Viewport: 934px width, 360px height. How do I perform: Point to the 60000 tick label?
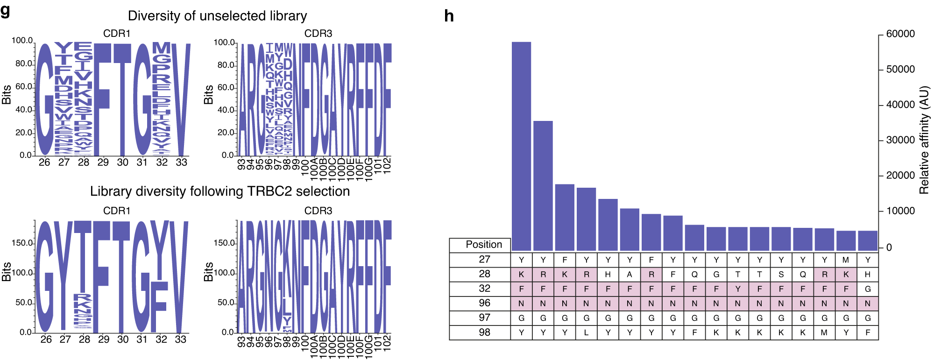(x=900, y=34)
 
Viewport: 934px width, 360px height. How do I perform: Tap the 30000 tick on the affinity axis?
(x=900, y=140)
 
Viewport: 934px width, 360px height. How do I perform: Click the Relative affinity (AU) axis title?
(x=924, y=140)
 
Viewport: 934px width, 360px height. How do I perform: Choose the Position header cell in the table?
(x=484, y=245)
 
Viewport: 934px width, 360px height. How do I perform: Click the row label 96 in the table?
(x=485, y=303)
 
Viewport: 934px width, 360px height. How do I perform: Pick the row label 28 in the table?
(x=485, y=274)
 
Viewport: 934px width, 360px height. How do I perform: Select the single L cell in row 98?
(x=586, y=332)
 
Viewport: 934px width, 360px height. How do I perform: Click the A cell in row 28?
(x=630, y=275)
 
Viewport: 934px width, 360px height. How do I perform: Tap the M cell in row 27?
(x=846, y=260)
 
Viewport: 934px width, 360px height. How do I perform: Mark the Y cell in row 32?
(x=738, y=289)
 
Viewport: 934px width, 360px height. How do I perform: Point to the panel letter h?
(x=449, y=16)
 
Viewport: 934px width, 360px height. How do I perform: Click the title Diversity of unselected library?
(x=217, y=16)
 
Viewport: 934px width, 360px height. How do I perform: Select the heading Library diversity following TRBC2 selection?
(x=219, y=191)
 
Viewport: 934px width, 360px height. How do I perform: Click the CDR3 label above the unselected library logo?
(x=318, y=34)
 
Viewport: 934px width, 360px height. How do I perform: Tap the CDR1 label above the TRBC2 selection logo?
(x=117, y=211)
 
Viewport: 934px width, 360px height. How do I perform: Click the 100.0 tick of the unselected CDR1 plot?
(x=22, y=41)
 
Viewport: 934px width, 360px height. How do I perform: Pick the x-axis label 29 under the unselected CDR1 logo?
(x=103, y=162)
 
